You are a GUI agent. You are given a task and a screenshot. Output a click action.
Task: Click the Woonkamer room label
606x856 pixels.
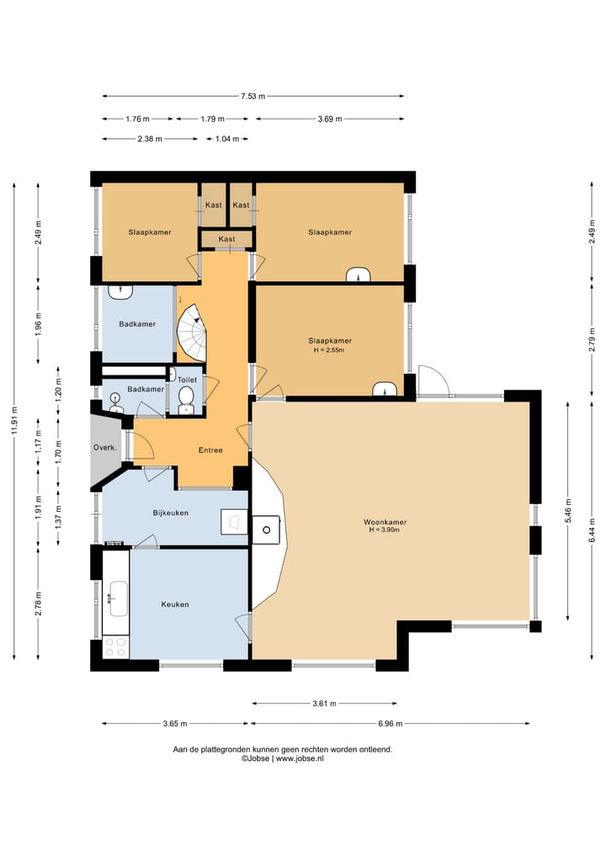pyautogui.click(x=385, y=522)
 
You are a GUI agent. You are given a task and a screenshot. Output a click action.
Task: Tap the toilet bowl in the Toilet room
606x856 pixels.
pyautogui.click(x=186, y=397)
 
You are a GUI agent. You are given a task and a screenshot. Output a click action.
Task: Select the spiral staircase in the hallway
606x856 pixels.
pyautogui.click(x=192, y=332)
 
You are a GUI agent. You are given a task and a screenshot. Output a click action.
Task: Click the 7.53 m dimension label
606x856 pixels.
pyautogui.click(x=252, y=97)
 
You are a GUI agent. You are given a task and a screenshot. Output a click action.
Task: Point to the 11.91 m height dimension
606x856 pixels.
pyautogui.click(x=14, y=420)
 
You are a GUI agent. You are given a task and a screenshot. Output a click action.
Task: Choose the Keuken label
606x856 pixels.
pyautogui.click(x=175, y=604)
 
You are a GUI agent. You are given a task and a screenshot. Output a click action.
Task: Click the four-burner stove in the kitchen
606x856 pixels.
pyautogui.click(x=115, y=647)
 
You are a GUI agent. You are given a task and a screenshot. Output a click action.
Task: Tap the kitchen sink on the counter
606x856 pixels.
pyautogui.click(x=119, y=599)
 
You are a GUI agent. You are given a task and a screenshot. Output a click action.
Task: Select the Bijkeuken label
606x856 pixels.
pyautogui.click(x=170, y=513)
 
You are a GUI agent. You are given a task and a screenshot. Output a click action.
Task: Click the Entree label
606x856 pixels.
pyautogui.click(x=210, y=450)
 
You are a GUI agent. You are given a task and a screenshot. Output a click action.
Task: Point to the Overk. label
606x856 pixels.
pyautogui.click(x=104, y=448)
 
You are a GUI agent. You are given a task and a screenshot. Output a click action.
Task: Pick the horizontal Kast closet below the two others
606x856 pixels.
pyautogui.click(x=226, y=239)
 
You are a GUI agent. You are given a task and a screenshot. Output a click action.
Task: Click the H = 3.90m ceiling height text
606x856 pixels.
pyautogui.click(x=385, y=529)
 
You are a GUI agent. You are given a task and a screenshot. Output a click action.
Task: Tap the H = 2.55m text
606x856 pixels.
pyautogui.click(x=329, y=350)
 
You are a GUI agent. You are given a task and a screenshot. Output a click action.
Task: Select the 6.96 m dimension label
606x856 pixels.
pyautogui.click(x=390, y=724)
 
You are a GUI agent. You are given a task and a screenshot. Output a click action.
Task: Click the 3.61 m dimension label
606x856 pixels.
pyautogui.click(x=324, y=704)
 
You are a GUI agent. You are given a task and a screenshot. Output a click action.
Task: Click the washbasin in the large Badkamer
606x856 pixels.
pyautogui.click(x=120, y=292)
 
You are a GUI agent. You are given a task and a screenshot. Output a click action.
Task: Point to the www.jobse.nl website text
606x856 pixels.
pyautogui.click(x=300, y=758)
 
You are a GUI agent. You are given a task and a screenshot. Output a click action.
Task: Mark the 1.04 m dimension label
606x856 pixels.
pyautogui.click(x=227, y=139)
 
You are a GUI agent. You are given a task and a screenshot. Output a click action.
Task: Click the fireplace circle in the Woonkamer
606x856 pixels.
pyautogui.click(x=267, y=530)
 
